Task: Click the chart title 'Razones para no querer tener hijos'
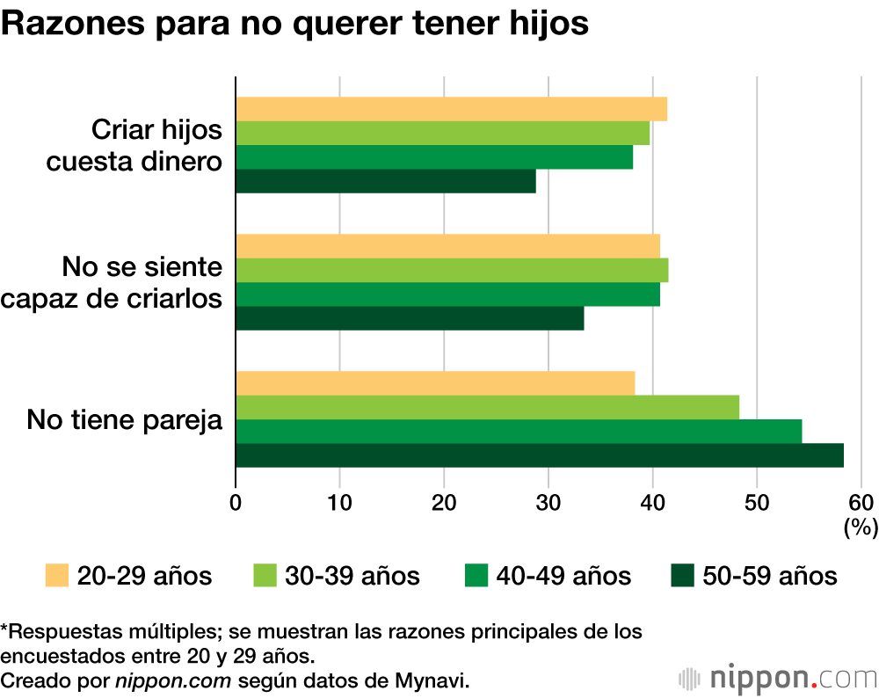[x=294, y=25]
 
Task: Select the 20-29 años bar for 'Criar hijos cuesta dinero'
[x=451, y=109]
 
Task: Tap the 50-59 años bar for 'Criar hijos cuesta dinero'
[x=386, y=181]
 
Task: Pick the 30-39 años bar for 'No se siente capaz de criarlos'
[x=452, y=270]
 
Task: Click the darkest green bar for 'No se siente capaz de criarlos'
[x=410, y=318]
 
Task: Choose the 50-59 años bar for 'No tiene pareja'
[x=540, y=455]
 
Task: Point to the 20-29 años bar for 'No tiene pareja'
[x=435, y=383]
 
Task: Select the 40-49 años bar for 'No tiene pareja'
[x=519, y=432]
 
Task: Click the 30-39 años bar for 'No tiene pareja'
[x=487, y=408]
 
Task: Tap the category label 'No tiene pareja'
[x=124, y=419]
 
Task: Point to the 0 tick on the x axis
[x=236, y=503]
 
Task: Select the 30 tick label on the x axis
[x=548, y=503]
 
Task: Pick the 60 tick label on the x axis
[x=861, y=503]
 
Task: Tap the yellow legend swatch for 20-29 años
[x=56, y=576]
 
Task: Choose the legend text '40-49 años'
[x=563, y=576]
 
